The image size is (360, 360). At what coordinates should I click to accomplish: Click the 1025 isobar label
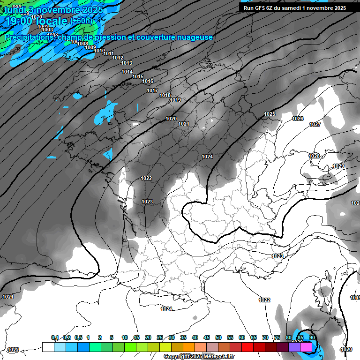point(269,114)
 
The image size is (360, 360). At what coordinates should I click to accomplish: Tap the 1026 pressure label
point(298,119)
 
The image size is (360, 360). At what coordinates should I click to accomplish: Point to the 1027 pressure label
point(315,124)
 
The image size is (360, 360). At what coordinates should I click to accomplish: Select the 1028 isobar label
point(314,156)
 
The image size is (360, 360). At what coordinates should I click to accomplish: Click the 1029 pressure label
point(338,166)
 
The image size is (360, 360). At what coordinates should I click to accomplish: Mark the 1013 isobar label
point(127,63)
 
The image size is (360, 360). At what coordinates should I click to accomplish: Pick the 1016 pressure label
point(148,81)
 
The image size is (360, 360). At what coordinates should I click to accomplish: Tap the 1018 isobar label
point(165,95)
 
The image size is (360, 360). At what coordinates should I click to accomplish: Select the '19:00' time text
point(21,21)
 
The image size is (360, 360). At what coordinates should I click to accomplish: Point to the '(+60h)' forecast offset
point(81,21)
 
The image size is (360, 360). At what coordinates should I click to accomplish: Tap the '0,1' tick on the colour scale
point(54,338)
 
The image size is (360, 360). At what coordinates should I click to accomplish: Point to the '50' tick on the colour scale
point(218,338)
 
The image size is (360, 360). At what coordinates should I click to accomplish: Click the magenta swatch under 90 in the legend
point(306,347)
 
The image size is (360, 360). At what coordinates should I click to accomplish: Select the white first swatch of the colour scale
point(48,347)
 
